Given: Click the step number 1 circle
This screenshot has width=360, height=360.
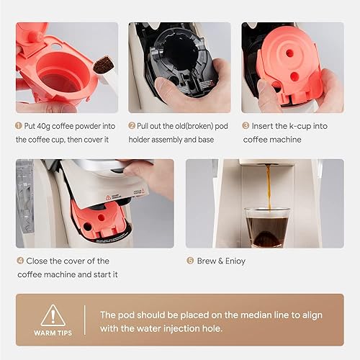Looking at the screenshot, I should click(19, 125).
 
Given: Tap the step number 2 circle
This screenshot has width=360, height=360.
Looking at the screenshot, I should click(132, 125).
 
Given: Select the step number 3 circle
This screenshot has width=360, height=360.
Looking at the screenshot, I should click(246, 125).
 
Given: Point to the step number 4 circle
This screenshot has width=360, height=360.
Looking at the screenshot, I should click(19, 261).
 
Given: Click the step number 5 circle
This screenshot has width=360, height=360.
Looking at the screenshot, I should click(190, 261).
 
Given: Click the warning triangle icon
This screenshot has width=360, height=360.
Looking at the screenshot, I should click(52, 315).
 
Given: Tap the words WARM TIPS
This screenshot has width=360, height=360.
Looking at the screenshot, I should click(52, 333).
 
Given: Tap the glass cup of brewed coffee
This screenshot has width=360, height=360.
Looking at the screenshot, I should click(266, 227).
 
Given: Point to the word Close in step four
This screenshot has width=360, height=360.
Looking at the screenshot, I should click(40, 261).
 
